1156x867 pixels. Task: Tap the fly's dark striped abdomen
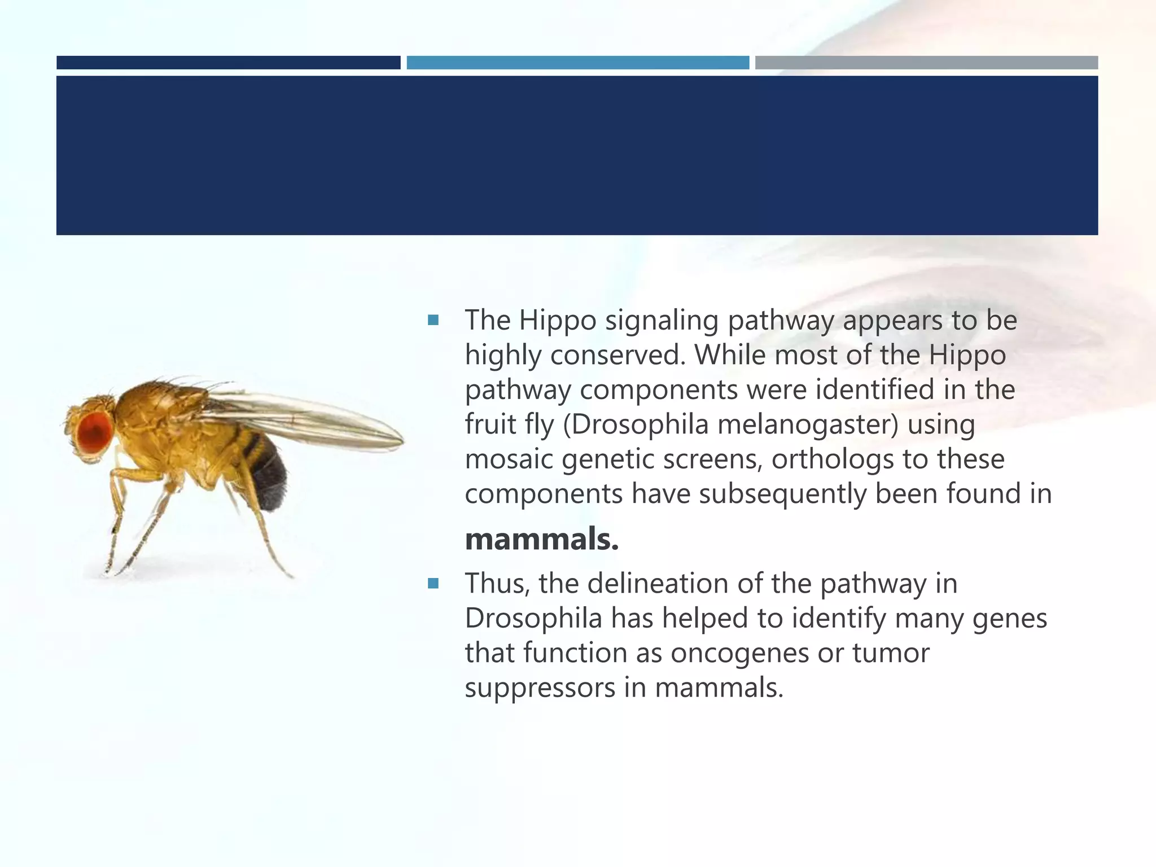click(266, 471)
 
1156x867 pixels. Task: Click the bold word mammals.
click(541, 539)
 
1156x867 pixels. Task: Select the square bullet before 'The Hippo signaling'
click(433, 321)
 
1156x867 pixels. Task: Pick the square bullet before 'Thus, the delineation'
click(433, 584)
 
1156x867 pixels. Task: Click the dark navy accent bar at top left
click(228, 63)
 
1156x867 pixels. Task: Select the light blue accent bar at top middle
click(577, 63)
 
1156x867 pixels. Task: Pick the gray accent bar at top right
click(926, 63)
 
